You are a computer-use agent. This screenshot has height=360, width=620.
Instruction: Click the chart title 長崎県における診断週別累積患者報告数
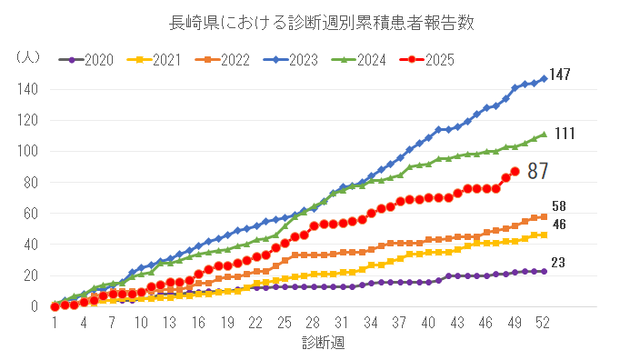click(x=309, y=23)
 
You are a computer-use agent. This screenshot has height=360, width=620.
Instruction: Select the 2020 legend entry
click(x=87, y=60)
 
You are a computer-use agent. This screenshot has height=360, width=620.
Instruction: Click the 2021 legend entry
click(x=155, y=60)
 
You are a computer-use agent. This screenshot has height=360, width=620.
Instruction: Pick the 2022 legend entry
click(x=222, y=60)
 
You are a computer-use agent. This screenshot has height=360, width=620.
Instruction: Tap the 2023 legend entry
click(x=290, y=60)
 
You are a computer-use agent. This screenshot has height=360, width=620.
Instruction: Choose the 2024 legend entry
click(x=357, y=60)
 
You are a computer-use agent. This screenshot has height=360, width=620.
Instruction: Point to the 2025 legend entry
click(x=425, y=60)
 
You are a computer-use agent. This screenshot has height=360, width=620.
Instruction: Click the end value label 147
click(x=559, y=75)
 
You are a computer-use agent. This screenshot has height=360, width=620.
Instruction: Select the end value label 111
click(x=564, y=134)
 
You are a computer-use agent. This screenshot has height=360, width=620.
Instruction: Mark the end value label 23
click(x=559, y=263)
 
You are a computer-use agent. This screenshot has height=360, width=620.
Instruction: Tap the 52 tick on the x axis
click(x=544, y=323)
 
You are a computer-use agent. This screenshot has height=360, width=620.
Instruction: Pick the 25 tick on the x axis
click(x=285, y=323)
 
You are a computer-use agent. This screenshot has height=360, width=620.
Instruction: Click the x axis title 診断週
click(x=323, y=344)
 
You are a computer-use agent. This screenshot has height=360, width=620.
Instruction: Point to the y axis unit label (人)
click(x=28, y=56)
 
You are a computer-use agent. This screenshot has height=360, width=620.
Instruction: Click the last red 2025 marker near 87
click(x=515, y=171)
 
